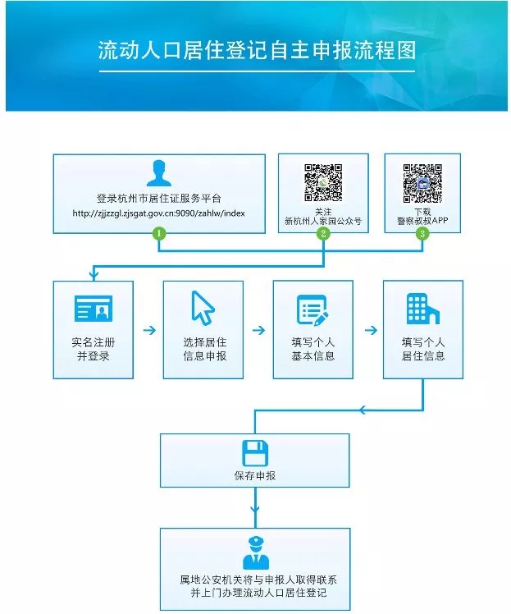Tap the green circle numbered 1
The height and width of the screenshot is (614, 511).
click(159, 233)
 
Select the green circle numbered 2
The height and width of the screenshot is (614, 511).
click(324, 233)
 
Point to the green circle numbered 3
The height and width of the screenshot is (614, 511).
click(422, 233)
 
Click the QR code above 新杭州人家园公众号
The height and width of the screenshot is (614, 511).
click(323, 181)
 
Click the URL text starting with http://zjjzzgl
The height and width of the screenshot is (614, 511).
click(159, 213)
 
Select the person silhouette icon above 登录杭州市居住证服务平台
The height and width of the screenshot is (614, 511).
click(159, 174)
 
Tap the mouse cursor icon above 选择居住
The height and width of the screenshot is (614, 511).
click(203, 308)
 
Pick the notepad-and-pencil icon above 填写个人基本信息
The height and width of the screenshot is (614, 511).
click(313, 309)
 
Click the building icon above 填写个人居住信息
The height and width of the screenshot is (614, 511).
click(422, 308)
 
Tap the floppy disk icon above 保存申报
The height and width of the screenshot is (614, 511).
click(254, 453)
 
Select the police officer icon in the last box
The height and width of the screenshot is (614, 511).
click(254, 552)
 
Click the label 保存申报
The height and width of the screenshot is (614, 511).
click(254, 476)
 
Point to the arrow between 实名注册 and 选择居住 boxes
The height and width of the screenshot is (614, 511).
click(149, 330)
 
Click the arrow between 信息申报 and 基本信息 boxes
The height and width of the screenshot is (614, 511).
click(258, 330)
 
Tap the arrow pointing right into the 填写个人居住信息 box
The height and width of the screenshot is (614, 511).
click(369, 330)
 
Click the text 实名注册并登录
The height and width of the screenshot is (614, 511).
click(93, 349)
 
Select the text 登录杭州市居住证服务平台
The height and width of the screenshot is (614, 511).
click(159, 199)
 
